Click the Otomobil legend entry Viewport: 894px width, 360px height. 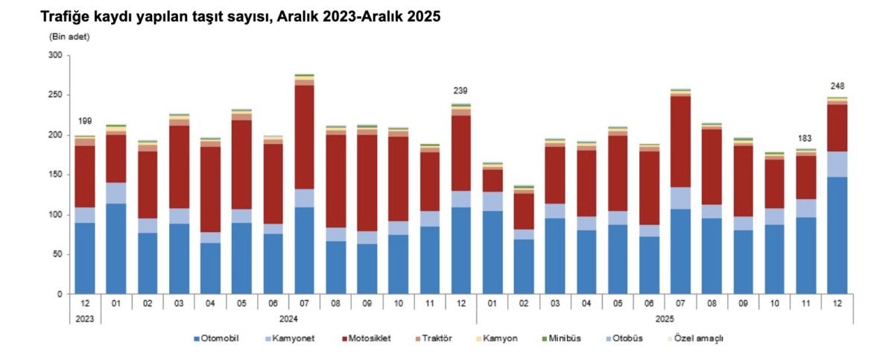pos(216,338)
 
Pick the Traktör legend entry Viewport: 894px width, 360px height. pos(437,338)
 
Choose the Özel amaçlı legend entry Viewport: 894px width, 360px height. pos(699,338)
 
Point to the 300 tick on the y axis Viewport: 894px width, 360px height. pos(55,55)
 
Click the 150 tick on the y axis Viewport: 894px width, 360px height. pos(55,174)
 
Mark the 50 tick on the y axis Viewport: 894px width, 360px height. pos(57,254)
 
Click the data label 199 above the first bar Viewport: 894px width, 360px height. pos(85,121)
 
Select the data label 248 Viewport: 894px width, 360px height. pos(837,86)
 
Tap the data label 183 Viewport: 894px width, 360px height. pos(805,139)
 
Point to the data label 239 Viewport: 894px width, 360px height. pos(460,92)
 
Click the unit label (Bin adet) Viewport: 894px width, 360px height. pos(69,37)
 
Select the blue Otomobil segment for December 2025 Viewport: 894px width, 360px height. pos(837,235)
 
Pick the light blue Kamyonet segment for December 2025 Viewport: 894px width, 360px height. pos(837,164)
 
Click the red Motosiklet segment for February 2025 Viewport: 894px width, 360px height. pos(524,211)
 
